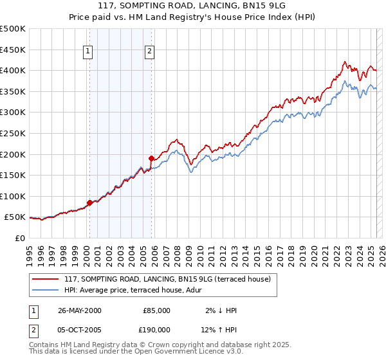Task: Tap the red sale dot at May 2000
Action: pyautogui.click(x=89, y=203)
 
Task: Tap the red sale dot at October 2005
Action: pyautogui.click(x=151, y=158)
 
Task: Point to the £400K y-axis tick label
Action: pyautogui.click(x=13, y=71)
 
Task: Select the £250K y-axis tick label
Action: pyautogui.click(x=13, y=133)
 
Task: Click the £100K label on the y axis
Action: pyautogui.click(x=13, y=196)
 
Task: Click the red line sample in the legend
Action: pyautogui.click(x=46, y=279)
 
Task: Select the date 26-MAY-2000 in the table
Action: pyautogui.click(x=79, y=310)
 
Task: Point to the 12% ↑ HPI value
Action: pyautogui.click(x=219, y=330)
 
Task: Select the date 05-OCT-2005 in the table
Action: pyautogui.click(x=80, y=330)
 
